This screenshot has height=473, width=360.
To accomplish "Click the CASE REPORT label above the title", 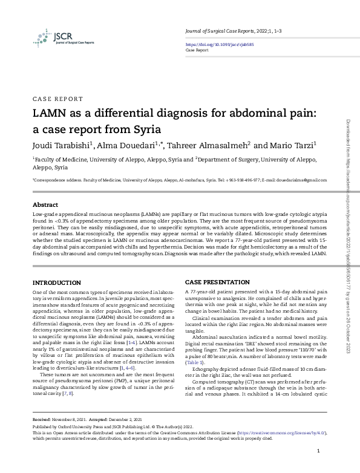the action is point(57,98).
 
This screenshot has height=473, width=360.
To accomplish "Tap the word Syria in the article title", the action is point(151,129).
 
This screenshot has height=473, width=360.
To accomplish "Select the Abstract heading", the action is point(45,205).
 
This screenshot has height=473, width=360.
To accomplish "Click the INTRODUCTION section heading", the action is point(56,283).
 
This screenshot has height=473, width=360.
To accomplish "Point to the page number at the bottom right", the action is point(318,451).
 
